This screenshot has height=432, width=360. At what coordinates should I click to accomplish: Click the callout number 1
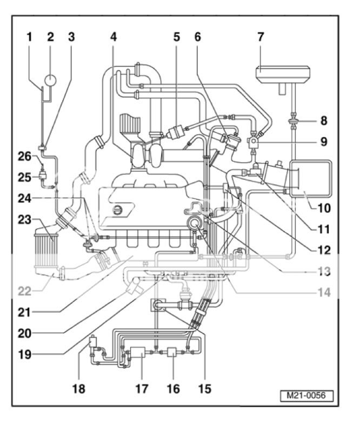click(x=30, y=37)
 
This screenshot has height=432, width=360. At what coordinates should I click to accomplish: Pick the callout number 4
click(x=113, y=37)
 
